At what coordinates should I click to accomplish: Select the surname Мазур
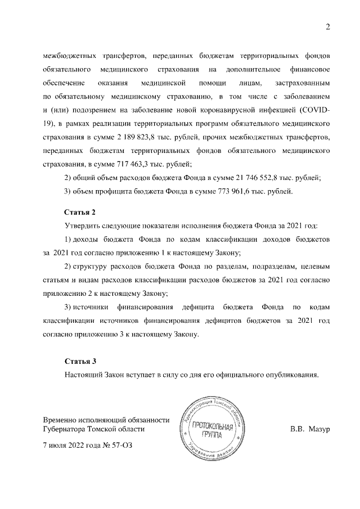(318, 429)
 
